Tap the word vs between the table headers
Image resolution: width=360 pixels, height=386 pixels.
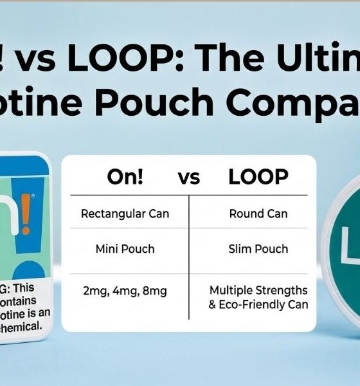pyautogui.click(x=189, y=179)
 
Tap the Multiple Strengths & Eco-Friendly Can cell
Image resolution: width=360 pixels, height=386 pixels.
pyautogui.click(x=258, y=298)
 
